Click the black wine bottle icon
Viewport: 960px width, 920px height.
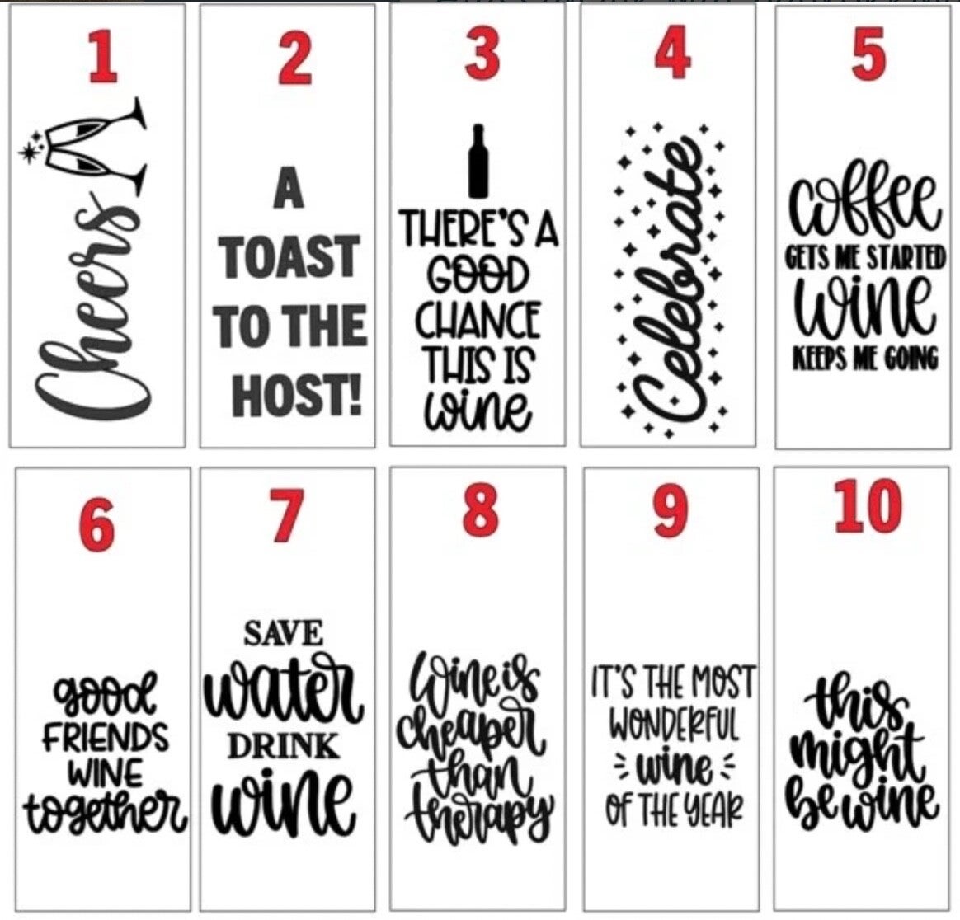pyautogui.click(x=478, y=162)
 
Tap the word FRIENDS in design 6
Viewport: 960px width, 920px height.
pyautogui.click(x=106, y=737)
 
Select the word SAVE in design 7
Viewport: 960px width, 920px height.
pyautogui.click(x=284, y=633)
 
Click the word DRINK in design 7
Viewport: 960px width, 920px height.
pyautogui.click(x=284, y=747)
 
